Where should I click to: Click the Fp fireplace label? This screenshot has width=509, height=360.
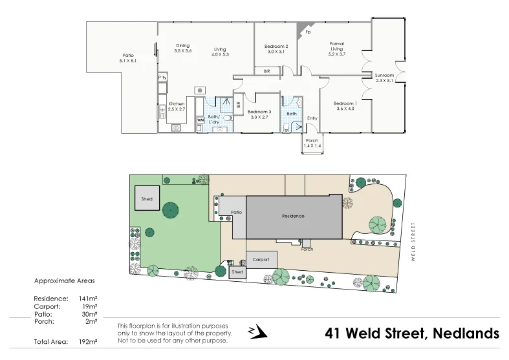(308, 32)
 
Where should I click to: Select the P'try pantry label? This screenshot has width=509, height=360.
(162, 78)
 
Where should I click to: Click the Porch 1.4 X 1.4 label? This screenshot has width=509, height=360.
(312, 143)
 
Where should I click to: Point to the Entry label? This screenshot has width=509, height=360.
(312, 118)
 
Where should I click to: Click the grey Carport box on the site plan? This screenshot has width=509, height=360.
(261, 259)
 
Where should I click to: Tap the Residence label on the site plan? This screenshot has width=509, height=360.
(293, 216)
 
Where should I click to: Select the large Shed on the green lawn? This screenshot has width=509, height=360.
(147, 199)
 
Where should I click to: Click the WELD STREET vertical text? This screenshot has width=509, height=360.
(412, 240)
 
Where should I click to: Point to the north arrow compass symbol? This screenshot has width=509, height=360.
(257, 332)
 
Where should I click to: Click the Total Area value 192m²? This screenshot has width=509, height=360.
(88, 341)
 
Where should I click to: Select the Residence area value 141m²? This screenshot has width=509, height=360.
(88, 299)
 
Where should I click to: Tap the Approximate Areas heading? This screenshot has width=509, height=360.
(64, 281)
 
